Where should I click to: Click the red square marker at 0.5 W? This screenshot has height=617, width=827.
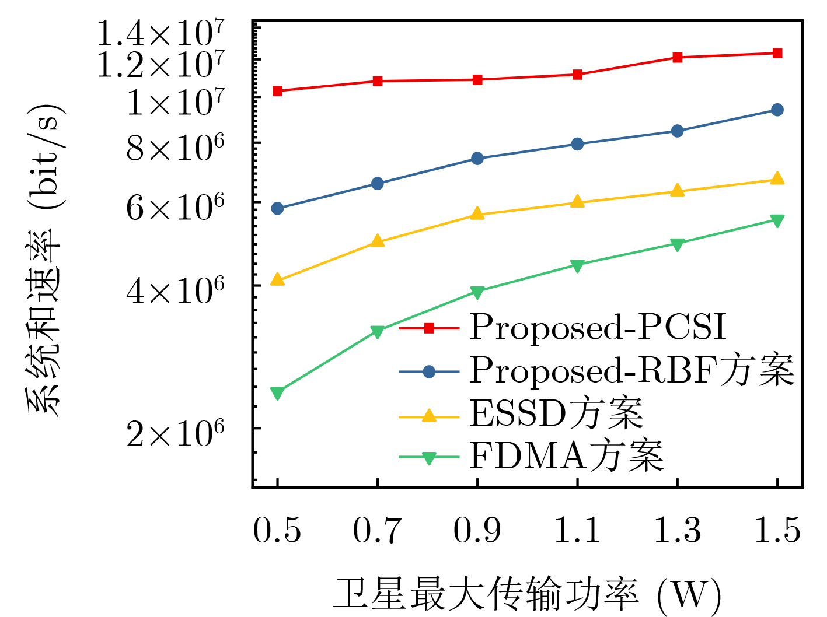point(278,91)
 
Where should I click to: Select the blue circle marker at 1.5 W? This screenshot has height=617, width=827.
point(777,110)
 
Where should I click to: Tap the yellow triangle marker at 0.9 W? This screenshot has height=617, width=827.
point(477,214)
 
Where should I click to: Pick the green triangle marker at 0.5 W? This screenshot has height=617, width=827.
point(278,393)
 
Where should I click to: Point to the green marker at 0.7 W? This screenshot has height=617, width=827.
point(378,332)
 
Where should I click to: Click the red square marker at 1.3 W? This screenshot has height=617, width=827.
point(677,57)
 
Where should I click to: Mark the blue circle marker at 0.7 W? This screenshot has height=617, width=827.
point(378,184)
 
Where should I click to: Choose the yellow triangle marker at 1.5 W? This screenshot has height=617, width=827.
point(777,179)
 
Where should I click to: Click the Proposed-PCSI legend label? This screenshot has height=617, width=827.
point(598,327)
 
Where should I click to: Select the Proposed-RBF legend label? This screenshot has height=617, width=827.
point(631,370)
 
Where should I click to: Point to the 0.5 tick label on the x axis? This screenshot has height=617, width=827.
point(277,531)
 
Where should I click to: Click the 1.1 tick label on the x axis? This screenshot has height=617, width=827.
point(577,531)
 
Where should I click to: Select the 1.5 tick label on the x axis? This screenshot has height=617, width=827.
point(777,531)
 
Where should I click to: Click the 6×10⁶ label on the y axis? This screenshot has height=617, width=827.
point(175,208)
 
